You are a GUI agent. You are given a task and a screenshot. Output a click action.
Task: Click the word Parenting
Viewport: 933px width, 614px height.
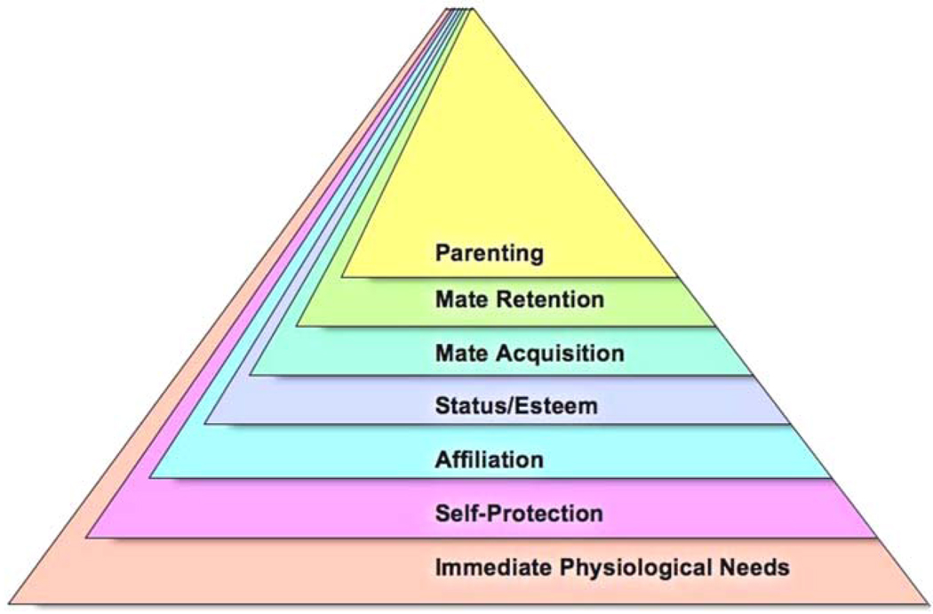489,253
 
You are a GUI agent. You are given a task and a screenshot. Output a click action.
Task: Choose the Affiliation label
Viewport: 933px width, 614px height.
489,460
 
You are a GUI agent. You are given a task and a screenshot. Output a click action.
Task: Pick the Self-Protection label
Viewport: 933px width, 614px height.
519,514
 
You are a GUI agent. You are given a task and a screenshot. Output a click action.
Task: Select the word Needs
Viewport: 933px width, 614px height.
762,567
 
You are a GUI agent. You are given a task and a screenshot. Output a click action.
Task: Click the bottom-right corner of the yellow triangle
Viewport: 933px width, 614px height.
676,277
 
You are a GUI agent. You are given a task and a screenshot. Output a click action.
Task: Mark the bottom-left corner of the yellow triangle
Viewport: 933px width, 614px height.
342,277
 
